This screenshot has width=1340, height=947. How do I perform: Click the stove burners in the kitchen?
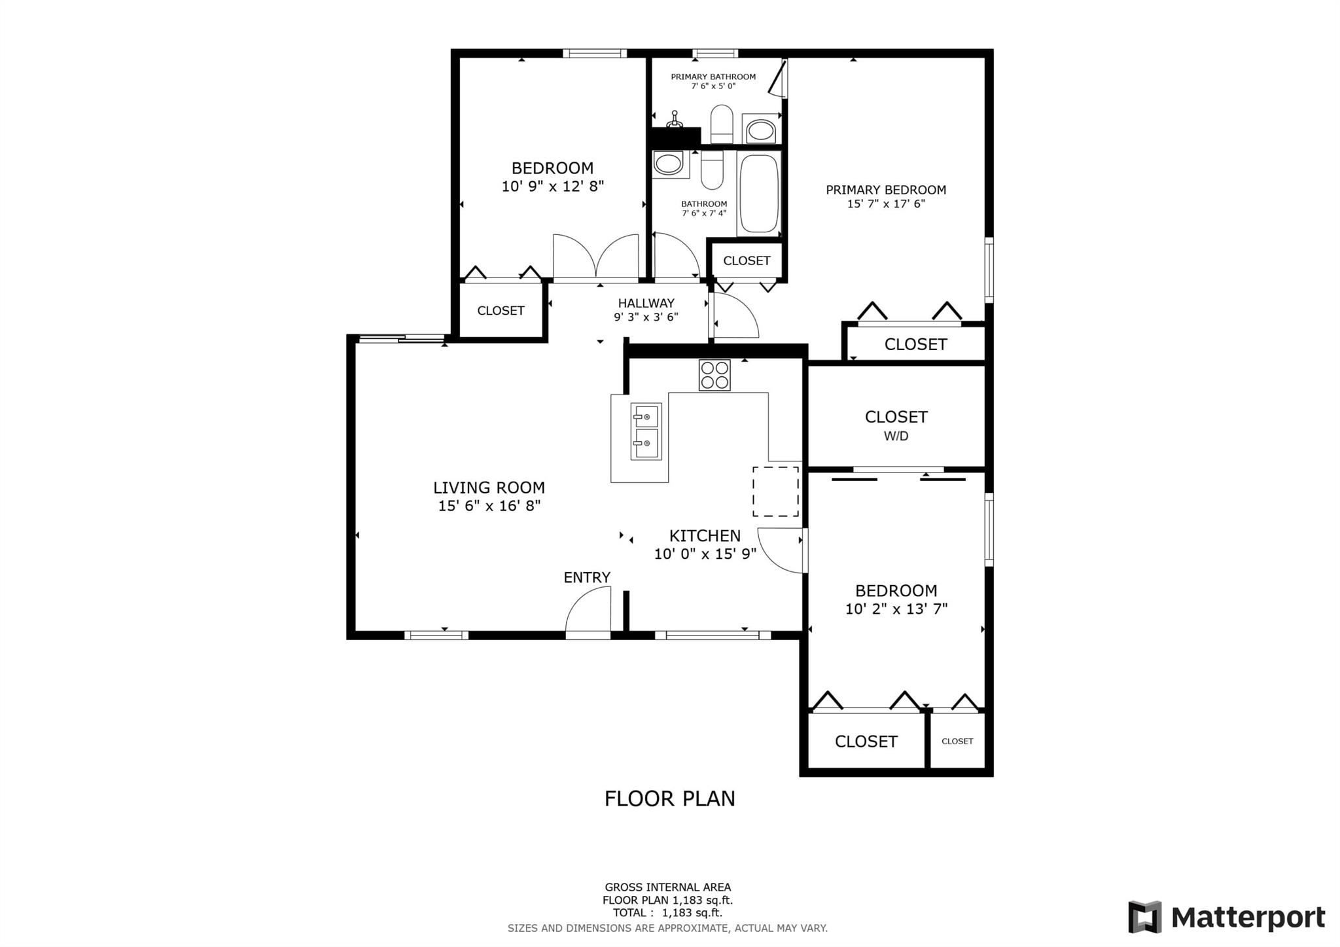coord(714,375)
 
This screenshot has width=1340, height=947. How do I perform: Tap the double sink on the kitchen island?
coord(646,432)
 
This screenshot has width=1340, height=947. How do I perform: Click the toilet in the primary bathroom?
coord(722,124)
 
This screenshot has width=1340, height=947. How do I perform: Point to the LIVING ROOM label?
coord(489,488)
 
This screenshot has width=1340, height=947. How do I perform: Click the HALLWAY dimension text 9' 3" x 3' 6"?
coord(646,317)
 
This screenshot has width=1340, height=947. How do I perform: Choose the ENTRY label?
coord(587,577)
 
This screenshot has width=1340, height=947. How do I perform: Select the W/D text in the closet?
coord(896,436)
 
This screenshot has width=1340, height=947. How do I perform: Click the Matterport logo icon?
coord(1144,917)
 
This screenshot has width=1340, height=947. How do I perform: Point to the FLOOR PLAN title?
coord(669,798)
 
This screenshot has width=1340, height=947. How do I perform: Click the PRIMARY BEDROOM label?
coord(886,190)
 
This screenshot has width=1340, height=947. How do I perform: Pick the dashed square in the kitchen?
coord(775,491)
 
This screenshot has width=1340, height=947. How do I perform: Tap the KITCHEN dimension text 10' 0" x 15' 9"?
coord(705,554)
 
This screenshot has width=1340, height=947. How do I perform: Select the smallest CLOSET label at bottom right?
coord(957,741)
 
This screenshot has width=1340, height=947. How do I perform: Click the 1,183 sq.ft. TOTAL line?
coord(667,913)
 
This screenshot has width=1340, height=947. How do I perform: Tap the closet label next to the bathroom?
coord(747,260)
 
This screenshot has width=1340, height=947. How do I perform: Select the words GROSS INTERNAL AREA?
coord(667,887)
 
